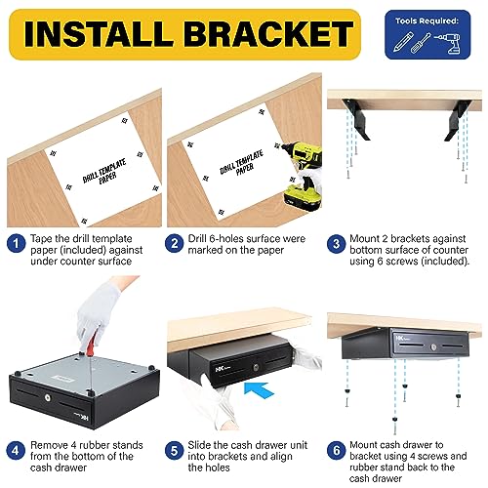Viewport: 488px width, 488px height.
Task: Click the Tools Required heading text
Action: pos(427,18)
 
